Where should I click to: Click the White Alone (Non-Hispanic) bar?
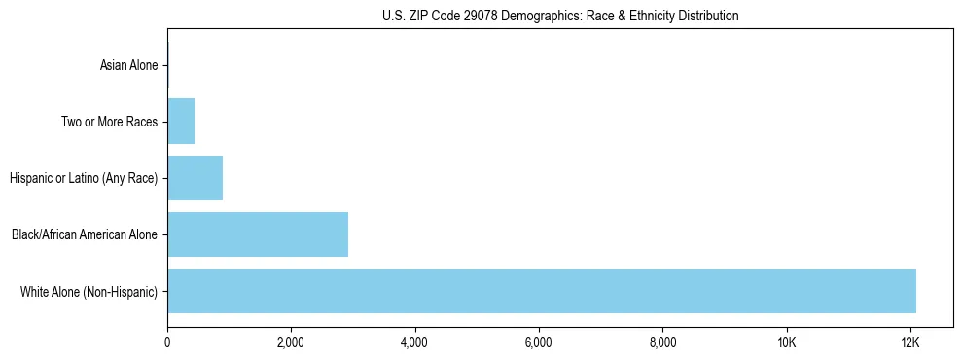542,291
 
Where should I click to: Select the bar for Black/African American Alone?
258,234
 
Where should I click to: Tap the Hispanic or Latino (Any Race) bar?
195,178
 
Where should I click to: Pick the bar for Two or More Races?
181,122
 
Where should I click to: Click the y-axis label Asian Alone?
128,65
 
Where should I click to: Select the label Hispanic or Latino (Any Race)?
83,178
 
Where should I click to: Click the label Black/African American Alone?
84,234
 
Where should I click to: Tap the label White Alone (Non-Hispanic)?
89,291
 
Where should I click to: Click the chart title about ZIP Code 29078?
560,16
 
